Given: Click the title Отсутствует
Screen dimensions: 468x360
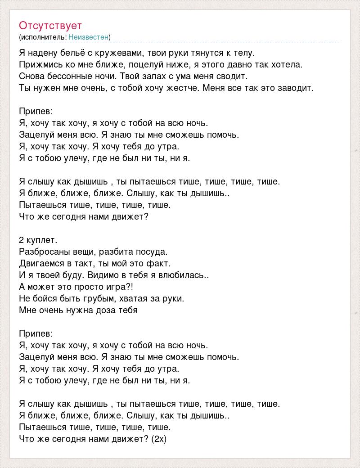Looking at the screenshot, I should pyautogui.click(x=50, y=25).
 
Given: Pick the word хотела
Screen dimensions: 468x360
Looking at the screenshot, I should pyautogui.click(x=287, y=65).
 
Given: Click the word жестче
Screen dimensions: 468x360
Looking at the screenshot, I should pyautogui.click(x=181, y=88).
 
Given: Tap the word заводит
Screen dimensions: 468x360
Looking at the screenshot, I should pyautogui.click(x=294, y=88).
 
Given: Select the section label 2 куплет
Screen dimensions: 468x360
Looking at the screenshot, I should pyautogui.click(x=38, y=240).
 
